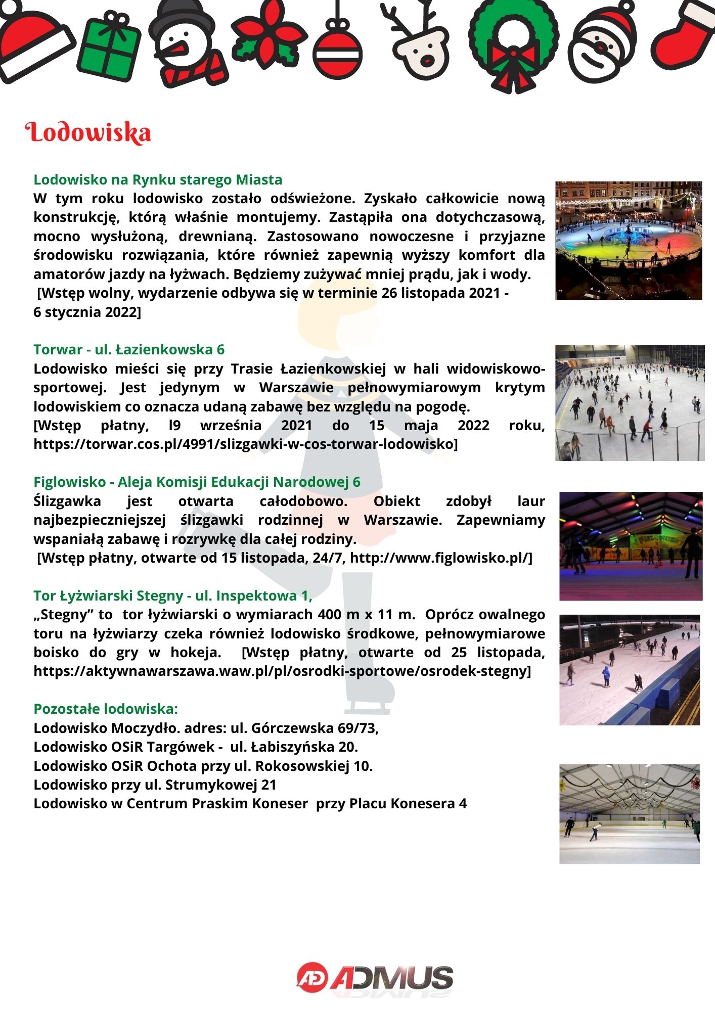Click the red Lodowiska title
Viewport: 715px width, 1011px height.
(x=88, y=132)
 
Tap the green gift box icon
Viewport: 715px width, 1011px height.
(x=110, y=51)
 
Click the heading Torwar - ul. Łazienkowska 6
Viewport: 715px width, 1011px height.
(x=129, y=349)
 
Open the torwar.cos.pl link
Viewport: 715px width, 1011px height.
(x=246, y=444)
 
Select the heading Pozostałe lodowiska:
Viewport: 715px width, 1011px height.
(x=106, y=709)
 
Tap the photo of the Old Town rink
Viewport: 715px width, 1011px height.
(x=629, y=241)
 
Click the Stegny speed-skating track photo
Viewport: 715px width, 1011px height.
(x=630, y=670)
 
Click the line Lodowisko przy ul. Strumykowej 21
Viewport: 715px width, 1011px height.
(x=155, y=785)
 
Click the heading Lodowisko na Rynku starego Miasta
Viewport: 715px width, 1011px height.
(x=158, y=179)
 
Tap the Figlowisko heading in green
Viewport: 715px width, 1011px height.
(x=197, y=482)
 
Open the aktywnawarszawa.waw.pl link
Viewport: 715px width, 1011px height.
(x=282, y=671)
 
